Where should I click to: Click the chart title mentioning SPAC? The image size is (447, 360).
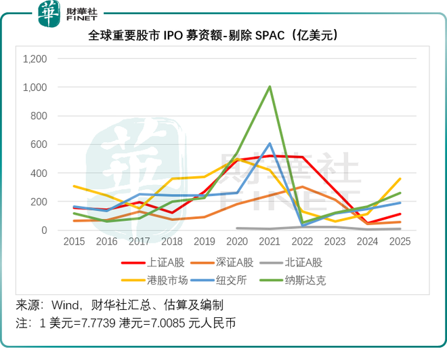click(x=223, y=35)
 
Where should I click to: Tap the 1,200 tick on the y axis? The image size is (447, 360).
click(x=35, y=59)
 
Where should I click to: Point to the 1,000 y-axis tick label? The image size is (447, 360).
click(x=35, y=87)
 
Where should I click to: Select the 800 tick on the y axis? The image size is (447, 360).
click(x=39, y=116)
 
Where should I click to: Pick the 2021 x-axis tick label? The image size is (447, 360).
click(x=270, y=241)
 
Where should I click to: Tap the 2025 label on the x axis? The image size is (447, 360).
click(x=400, y=241)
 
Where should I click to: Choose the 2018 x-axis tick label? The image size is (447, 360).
click(x=171, y=241)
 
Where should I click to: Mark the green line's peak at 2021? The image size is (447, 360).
click(x=270, y=87)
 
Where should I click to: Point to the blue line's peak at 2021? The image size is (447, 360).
click(x=270, y=144)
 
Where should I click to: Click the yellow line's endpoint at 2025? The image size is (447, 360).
click(x=400, y=179)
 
